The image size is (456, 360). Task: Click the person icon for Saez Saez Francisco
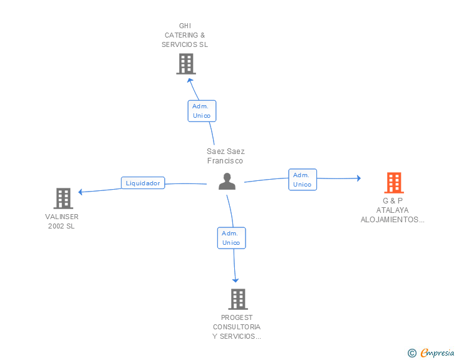click(227, 181)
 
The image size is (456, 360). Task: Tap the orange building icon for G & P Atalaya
click(394, 183)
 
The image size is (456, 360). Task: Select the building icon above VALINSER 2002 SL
click(63, 198)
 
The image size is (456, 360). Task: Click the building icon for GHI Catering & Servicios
click(186, 64)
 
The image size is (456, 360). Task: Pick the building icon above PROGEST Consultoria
click(238, 299)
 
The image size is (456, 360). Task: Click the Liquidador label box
click(143, 183)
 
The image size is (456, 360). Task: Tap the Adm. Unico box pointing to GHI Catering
click(202, 111)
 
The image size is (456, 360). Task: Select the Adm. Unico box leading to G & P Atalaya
click(303, 180)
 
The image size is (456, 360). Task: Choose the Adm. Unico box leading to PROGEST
click(232, 238)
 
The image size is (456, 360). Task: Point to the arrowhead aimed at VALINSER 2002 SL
click(81, 192)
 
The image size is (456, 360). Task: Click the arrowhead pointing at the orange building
click(359, 178)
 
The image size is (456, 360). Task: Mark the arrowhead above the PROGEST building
click(236, 280)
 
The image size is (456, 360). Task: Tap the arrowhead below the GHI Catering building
click(190, 81)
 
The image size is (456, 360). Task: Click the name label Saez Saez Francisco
click(225, 156)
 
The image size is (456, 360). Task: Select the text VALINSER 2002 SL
click(61, 221)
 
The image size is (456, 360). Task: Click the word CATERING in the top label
click(181, 35)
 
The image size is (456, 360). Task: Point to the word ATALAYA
click(392, 210)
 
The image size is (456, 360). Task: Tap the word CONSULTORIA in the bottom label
click(237, 327)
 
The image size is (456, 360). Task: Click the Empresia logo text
click(437, 352)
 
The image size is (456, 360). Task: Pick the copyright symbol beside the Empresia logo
click(412, 353)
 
